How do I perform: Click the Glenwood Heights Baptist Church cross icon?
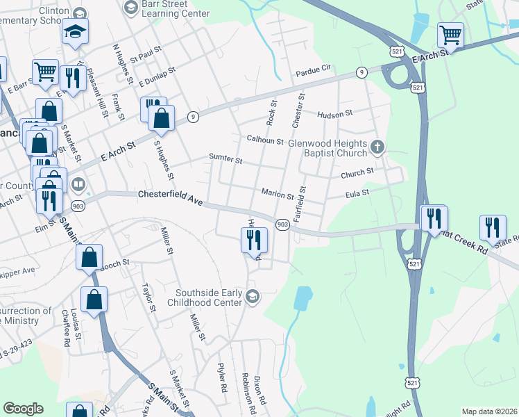[377, 147]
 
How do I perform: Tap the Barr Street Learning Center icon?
[130, 8]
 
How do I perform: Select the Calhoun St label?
[266, 140]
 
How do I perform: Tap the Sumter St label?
[226, 159]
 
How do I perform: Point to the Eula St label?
[357, 195]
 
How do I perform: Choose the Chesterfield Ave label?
[170, 197]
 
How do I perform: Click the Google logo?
[23, 409]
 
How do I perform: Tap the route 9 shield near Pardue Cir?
[361, 72]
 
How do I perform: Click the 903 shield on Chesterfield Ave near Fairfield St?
[282, 224]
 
